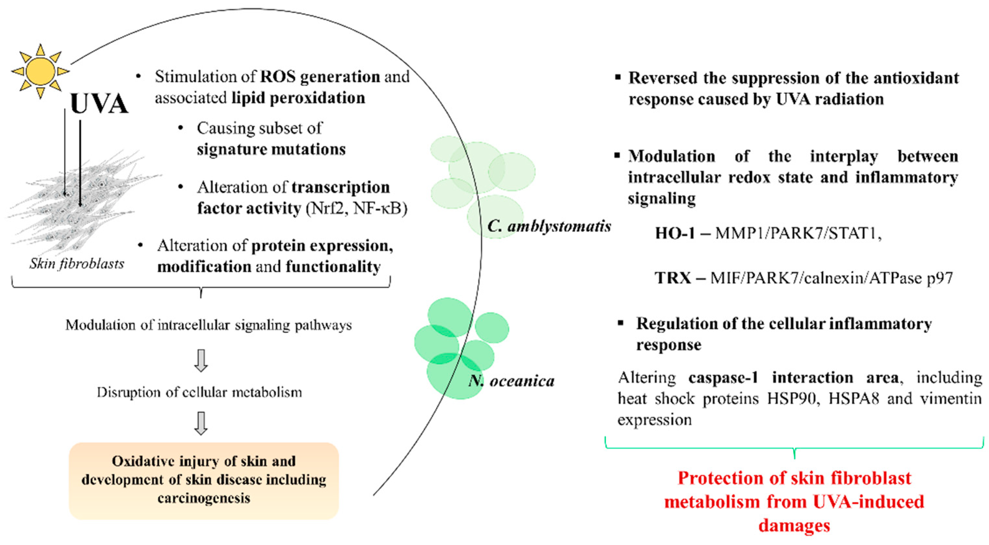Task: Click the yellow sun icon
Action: [40, 71]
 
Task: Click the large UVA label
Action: [99, 104]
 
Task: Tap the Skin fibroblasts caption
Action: [77, 264]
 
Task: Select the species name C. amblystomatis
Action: [549, 226]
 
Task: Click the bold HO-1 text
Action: [675, 233]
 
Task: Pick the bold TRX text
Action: [673, 278]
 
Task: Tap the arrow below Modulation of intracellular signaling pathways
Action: [201, 360]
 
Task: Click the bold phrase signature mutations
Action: [271, 149]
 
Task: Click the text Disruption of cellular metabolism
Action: [199, 392]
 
